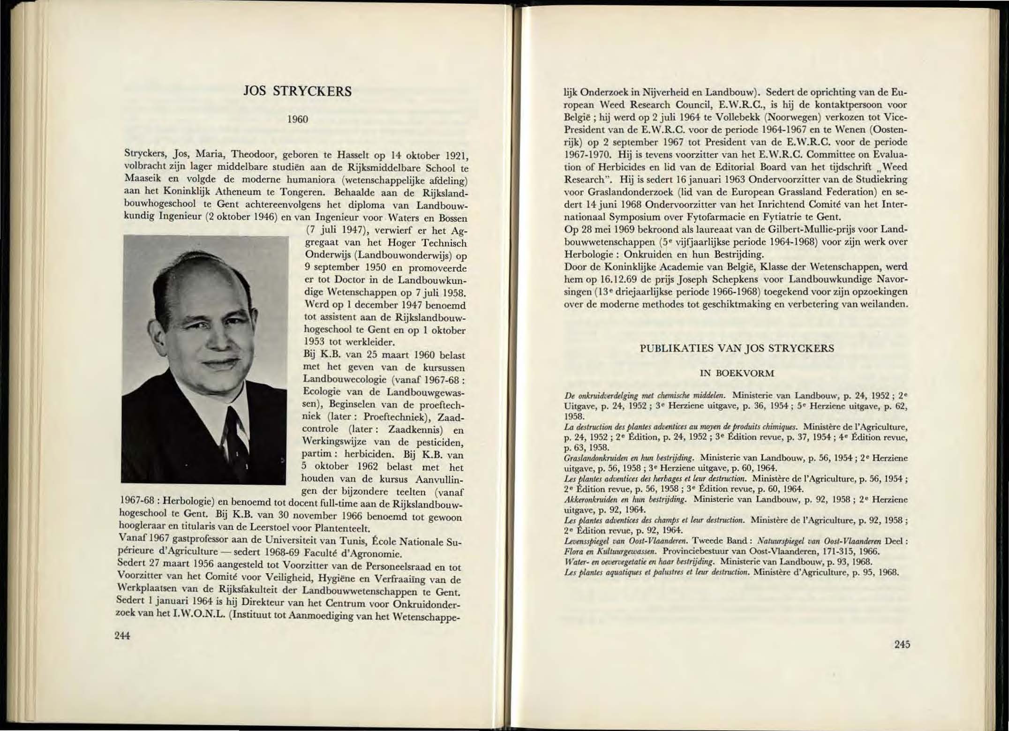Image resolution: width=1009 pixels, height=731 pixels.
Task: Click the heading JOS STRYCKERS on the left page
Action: pyautogui.click(x=298, y=91)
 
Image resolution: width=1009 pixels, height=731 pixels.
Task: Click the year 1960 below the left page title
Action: pyautogui.click(x=298, y=120)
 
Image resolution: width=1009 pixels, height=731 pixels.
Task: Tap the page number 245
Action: pyautogui.click(x=902, y=644)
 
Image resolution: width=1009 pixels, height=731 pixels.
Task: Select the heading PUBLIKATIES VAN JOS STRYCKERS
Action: pyautogui.click(x=737, y=348)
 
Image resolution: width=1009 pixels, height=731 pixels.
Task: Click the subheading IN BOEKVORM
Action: pyautogui.click(x=737, y=373)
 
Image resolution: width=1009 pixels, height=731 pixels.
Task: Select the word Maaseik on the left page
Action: pyautogui.click(x=141, y=180)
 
